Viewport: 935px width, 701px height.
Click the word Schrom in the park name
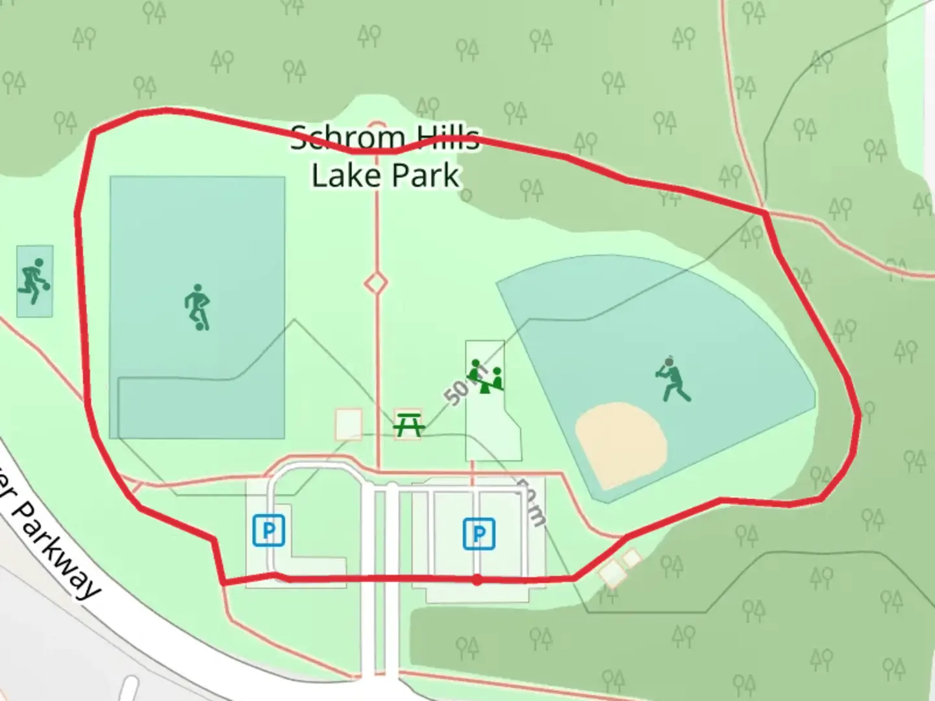tap(347, 138)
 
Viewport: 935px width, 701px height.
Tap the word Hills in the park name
tap(447, 138)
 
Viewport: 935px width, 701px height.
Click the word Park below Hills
tap(426, 176)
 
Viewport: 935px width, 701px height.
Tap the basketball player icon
tap(34, 281)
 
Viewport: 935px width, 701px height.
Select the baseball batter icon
tap(673, 379)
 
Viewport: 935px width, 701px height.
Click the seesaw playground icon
tap(487, 376)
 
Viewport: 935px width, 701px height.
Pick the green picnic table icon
tap(409, 425)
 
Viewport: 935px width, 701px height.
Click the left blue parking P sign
tap(269, 530)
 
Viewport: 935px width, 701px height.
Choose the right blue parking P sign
tap(479, 534)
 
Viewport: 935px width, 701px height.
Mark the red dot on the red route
tap(477, 580)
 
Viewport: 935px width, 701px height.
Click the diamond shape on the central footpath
tap(375, 284)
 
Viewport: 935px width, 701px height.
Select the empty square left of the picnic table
tap(348, 424)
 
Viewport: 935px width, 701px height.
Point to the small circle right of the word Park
tap(466, 195)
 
